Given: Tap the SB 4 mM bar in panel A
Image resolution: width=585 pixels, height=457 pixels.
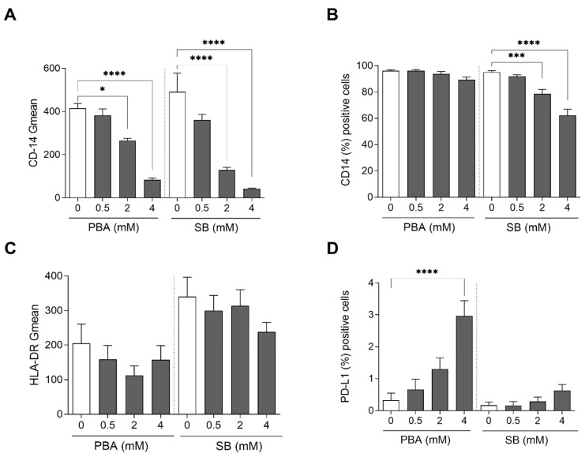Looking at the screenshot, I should click(253, 193).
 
